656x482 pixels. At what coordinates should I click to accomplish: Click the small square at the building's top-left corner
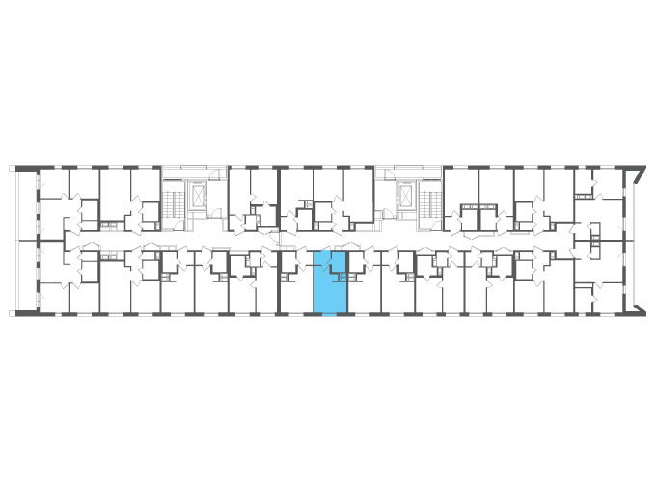(x=13, y=169)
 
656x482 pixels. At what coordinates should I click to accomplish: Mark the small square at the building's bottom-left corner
(x=13, y=313)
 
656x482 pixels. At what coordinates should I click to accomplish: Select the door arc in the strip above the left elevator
(x=220, y=174)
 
